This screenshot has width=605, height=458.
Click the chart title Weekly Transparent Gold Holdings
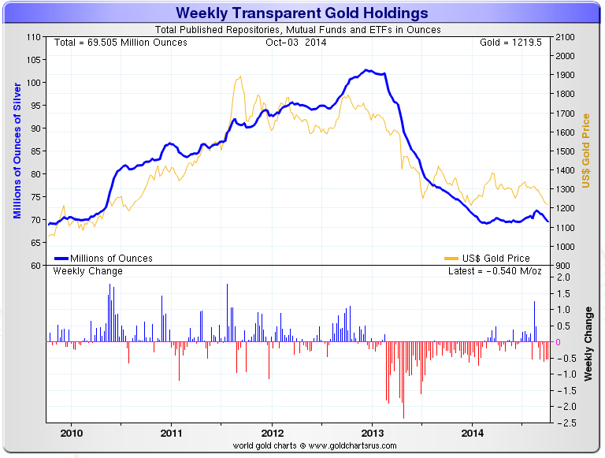click(x=302, y=13)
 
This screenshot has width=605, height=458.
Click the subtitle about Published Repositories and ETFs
click(x=302, y=30)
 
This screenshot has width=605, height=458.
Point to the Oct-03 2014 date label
click(x=296, y=42)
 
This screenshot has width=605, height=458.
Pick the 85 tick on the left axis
click(x=35, y=151)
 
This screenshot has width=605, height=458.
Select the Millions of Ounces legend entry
click(x=110, y=258)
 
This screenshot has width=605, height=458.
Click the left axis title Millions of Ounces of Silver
click(x=17, y=151)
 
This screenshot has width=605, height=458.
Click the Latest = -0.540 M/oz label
click(x=495, y=271)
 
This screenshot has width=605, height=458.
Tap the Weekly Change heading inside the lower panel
click(x=87, y=271)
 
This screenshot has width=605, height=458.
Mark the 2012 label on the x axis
click(x=273, y=433)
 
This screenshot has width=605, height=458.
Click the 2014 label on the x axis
click(x=473, y=433)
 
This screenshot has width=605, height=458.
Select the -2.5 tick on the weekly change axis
click(x=563, y=423)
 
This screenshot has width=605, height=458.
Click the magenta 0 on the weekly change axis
click(x=559, y=341)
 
